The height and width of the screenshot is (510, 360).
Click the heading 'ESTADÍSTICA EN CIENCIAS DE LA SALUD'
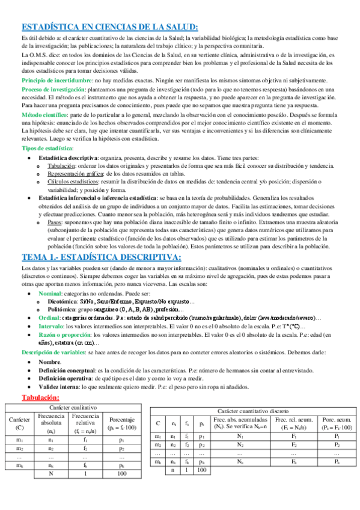pyautogui.click(x=109, y=26)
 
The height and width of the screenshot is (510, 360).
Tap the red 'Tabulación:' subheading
pyautogui.click(x=40, y=397)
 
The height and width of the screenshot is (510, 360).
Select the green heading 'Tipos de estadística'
pyautogui.click(x=47, y=148)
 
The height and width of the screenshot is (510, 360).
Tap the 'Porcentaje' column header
pyautogui.click(x=122, y=419)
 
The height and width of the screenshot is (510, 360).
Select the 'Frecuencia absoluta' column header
pyautogui.click(x=51, y=419)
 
